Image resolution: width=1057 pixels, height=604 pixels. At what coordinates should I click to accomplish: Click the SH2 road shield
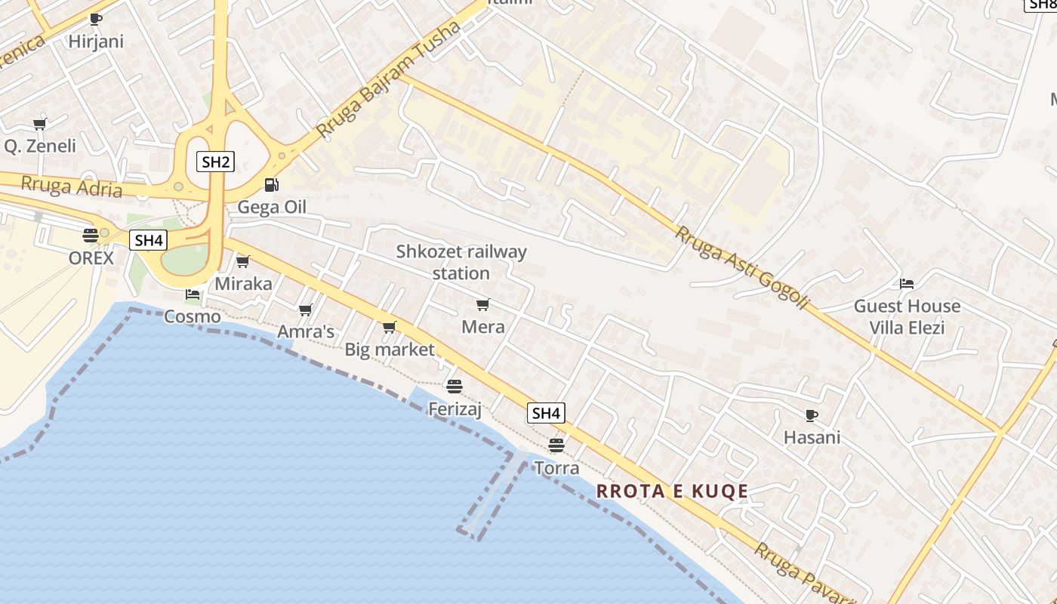(x=215, y=161)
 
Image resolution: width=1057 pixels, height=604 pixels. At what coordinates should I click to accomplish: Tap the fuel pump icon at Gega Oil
(x=270, y=184)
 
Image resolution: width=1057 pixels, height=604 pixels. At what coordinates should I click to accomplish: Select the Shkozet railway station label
(x=461, y=262)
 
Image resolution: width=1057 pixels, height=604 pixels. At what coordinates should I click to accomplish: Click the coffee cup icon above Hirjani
(x=95, y=19)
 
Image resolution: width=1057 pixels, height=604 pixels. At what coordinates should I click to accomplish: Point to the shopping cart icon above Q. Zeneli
(x=39, y=124)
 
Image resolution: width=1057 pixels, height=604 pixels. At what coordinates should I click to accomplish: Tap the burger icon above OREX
(x=91, y=235)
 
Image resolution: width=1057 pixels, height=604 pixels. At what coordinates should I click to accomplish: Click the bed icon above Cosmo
(x=193, y=294)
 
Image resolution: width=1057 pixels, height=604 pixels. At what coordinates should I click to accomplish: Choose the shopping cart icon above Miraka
(x=243, y=261)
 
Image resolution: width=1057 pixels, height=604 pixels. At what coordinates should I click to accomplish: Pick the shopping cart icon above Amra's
(x=306, y=310)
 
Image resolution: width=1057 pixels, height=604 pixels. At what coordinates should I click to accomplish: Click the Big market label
(x=390, y=350)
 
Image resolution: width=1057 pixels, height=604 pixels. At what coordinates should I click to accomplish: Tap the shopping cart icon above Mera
(x=483, y=304)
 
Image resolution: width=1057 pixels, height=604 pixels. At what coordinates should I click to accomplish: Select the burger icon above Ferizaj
(x=455, y=387)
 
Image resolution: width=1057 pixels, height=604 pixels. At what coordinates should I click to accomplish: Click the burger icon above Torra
(x=556, y=445)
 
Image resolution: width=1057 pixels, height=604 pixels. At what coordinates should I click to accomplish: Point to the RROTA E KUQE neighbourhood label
(x=672, y=492)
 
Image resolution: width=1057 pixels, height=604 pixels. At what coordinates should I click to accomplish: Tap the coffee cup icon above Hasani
(x=812, y=414)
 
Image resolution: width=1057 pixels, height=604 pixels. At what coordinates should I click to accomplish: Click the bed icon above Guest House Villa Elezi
(x=907, y=284)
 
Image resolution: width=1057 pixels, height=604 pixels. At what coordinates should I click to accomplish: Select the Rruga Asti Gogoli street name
(x=742, y=268)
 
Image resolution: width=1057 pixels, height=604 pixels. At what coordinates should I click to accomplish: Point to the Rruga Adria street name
(x=72, y=186)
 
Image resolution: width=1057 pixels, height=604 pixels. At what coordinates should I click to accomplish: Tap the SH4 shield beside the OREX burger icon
(x=148, y=241)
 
